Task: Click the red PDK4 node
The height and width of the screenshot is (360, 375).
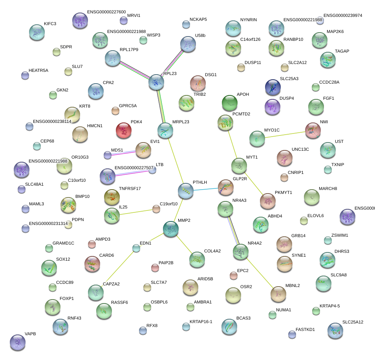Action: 124,130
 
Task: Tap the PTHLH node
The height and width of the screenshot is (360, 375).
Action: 186,191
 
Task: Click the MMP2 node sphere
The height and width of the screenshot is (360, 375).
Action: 171,229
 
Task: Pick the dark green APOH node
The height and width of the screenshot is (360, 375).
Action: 230,103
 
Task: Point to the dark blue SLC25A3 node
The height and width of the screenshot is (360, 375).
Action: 273,87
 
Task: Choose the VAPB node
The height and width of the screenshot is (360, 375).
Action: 17,342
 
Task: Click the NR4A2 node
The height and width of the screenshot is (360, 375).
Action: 240,252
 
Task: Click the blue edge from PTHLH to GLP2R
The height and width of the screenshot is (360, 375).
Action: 206,189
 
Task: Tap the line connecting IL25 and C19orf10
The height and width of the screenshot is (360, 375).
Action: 135,212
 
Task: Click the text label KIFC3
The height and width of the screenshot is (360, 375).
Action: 50,24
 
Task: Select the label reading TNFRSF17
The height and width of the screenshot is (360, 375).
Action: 130,188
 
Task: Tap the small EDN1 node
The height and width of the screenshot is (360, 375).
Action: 136,248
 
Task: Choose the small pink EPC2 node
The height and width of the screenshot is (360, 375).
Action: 234,276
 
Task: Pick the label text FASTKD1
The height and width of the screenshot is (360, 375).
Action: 305,330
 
